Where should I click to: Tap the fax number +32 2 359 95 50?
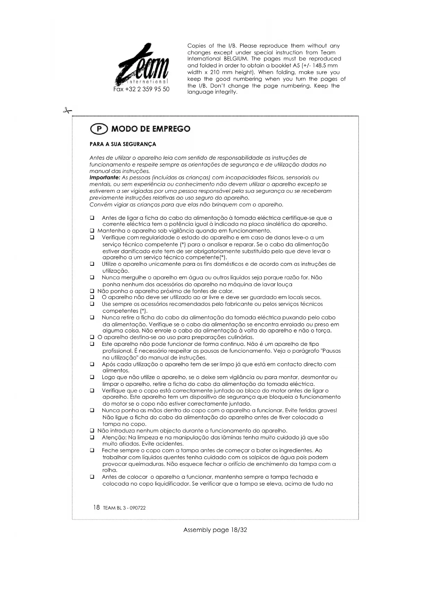click(x=141, y=89)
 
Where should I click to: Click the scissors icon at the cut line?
click(x=67, y=111)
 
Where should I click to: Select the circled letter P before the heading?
click(x=99, y=129)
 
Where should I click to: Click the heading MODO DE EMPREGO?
click(x=151, y=129)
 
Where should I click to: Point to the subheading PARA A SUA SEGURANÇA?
click(x=123, y=144)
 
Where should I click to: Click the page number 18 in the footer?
click(x=96, y=507)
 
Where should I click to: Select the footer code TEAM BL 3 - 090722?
click(x=124, y=508)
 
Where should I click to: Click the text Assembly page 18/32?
click(x=215, y=530)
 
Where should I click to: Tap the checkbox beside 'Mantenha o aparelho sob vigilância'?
click(x=92, y=231)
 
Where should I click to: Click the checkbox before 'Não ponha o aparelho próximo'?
click(x=92, y=291)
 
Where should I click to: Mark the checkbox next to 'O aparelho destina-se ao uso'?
click(x=92, y=337)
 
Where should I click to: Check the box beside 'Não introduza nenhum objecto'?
click(x=92, y=431)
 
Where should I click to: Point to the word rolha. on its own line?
click(x=110, y=470)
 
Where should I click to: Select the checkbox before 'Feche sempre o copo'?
click(x=92, y=451)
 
